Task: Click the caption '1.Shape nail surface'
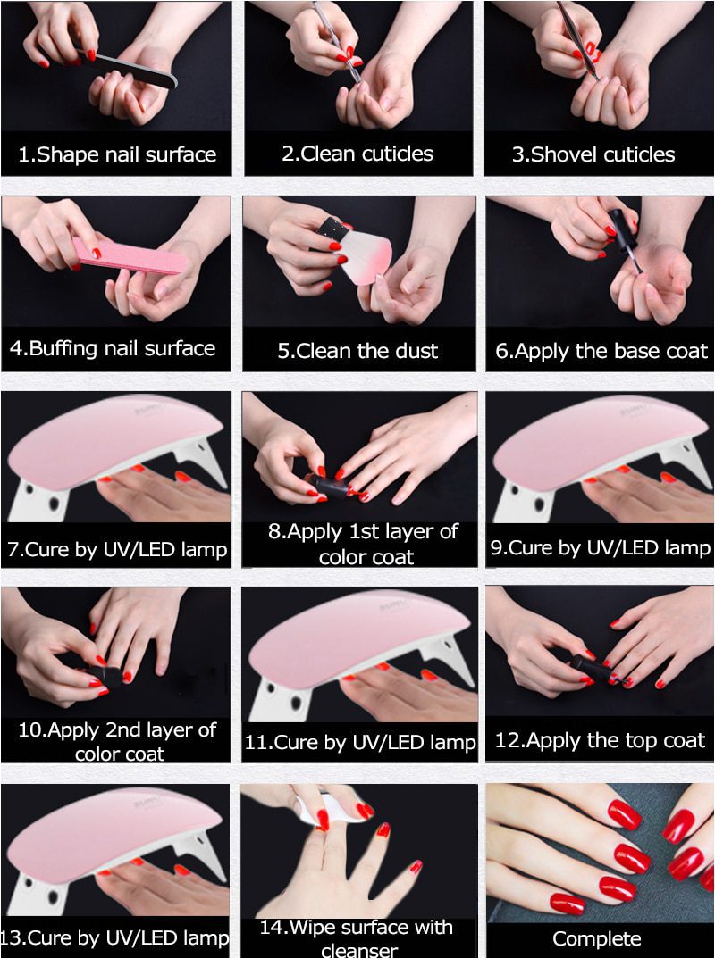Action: pos(117,154)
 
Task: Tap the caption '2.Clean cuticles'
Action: pos(357,154)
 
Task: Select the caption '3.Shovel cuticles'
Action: pos(593,154)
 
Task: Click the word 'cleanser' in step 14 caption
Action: pos(357,948)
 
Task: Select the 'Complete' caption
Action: pos(596,938)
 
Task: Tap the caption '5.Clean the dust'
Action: pos(357,351)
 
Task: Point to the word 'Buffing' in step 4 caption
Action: pos(63,348)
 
